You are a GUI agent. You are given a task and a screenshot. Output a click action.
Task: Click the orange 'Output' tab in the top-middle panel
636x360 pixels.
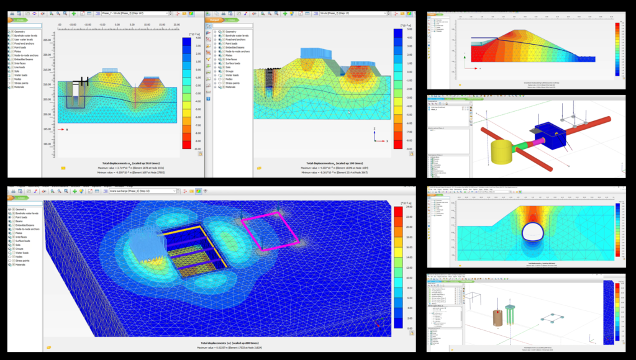click(216, 20)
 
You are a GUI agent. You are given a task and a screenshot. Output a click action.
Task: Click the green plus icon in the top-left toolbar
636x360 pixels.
click(74, 12)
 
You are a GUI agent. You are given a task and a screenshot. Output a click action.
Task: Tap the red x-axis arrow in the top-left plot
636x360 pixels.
click(61, 129)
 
